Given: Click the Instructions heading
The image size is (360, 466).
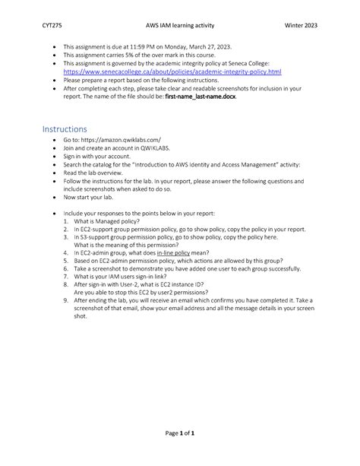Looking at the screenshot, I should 65,129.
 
